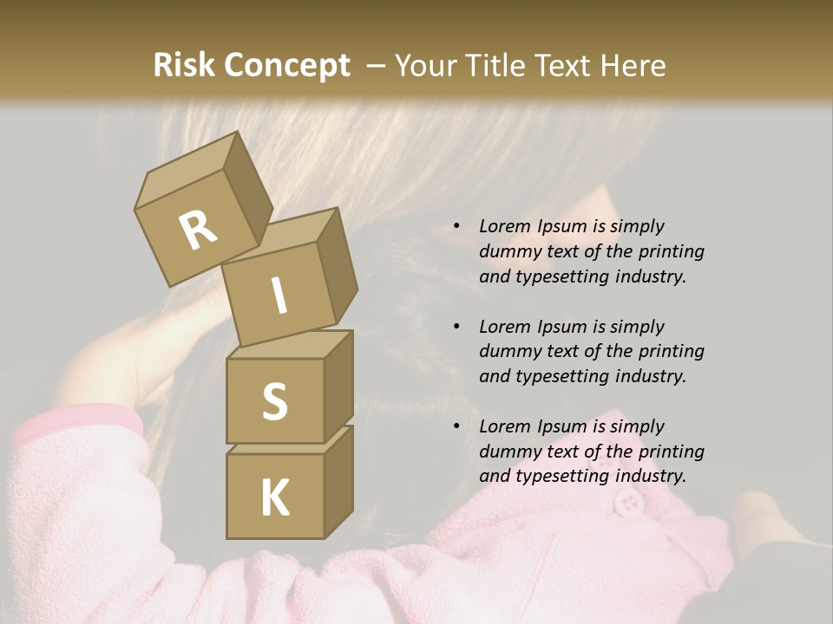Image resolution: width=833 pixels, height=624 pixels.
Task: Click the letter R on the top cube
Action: pos(199,231)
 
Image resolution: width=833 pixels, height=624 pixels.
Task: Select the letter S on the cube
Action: pos(274,401)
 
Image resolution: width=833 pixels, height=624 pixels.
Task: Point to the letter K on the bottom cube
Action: pos(274,497)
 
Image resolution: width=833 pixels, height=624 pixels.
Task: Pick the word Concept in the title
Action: pos(286,66)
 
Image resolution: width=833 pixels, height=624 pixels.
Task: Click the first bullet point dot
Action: pos(456,226)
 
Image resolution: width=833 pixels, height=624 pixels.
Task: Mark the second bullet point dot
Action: pos(456,327)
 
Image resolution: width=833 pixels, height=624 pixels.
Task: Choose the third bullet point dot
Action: pos(456,426)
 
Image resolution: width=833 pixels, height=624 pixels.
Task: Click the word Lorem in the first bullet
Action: pos(505,226)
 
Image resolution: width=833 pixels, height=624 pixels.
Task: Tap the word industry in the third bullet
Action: pos(648,476)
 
